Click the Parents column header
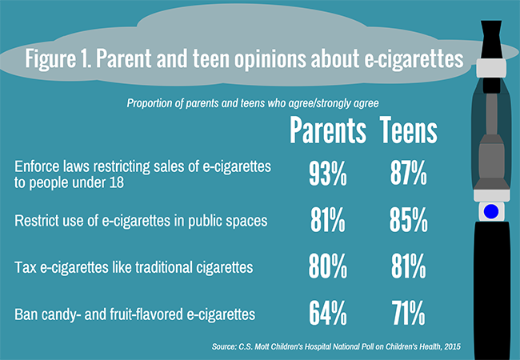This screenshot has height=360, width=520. tap(328, 131)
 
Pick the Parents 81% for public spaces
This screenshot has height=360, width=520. tap(328, 220)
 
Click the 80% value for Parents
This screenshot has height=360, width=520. tap(328, 265)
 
